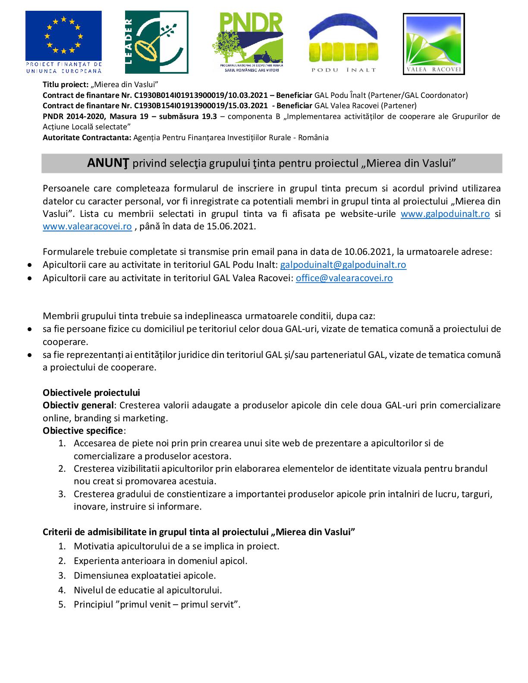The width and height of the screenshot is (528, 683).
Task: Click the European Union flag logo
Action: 63,41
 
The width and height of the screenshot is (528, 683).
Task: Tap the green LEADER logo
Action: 157,42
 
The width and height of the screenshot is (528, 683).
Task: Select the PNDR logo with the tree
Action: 247,41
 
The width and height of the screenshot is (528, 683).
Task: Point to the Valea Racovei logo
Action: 434,44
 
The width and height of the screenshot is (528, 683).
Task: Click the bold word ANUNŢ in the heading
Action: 109,163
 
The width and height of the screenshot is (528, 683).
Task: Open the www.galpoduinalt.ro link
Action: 445,214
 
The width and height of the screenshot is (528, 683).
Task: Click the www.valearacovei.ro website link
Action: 87,226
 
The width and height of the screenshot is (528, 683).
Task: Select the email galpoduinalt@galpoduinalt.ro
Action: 343,265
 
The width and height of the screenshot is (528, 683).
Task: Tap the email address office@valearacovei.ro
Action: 344,278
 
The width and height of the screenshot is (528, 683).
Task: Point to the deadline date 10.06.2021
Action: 368,252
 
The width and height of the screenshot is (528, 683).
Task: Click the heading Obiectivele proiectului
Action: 91,393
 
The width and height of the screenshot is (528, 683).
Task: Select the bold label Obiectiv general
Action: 79,405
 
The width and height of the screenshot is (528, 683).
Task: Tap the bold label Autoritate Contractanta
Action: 87,138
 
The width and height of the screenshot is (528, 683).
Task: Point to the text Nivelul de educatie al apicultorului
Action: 148,590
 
